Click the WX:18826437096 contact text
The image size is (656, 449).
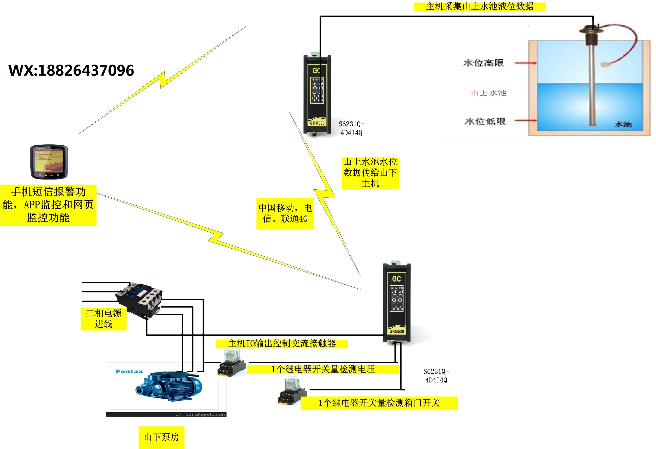tap(71, 70)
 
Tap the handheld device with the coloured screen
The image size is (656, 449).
tap(49, 162)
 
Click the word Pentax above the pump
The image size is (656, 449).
tap(129, 371)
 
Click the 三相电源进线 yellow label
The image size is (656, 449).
tap(104, 319)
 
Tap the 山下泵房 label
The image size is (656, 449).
tap(161, 437)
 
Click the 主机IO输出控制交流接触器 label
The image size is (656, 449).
tap(282, 344)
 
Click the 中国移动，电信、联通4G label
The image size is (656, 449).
tap(285, 213)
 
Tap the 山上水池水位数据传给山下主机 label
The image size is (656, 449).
tap(370, 173)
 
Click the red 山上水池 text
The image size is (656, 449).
tap(489, 93)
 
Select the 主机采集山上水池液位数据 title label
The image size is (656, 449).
tap(480, 7)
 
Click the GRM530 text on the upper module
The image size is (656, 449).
tap(317, 123)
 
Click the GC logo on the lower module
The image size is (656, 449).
tap(396, 279)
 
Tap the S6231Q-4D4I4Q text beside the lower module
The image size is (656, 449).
tap(436, 376)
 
